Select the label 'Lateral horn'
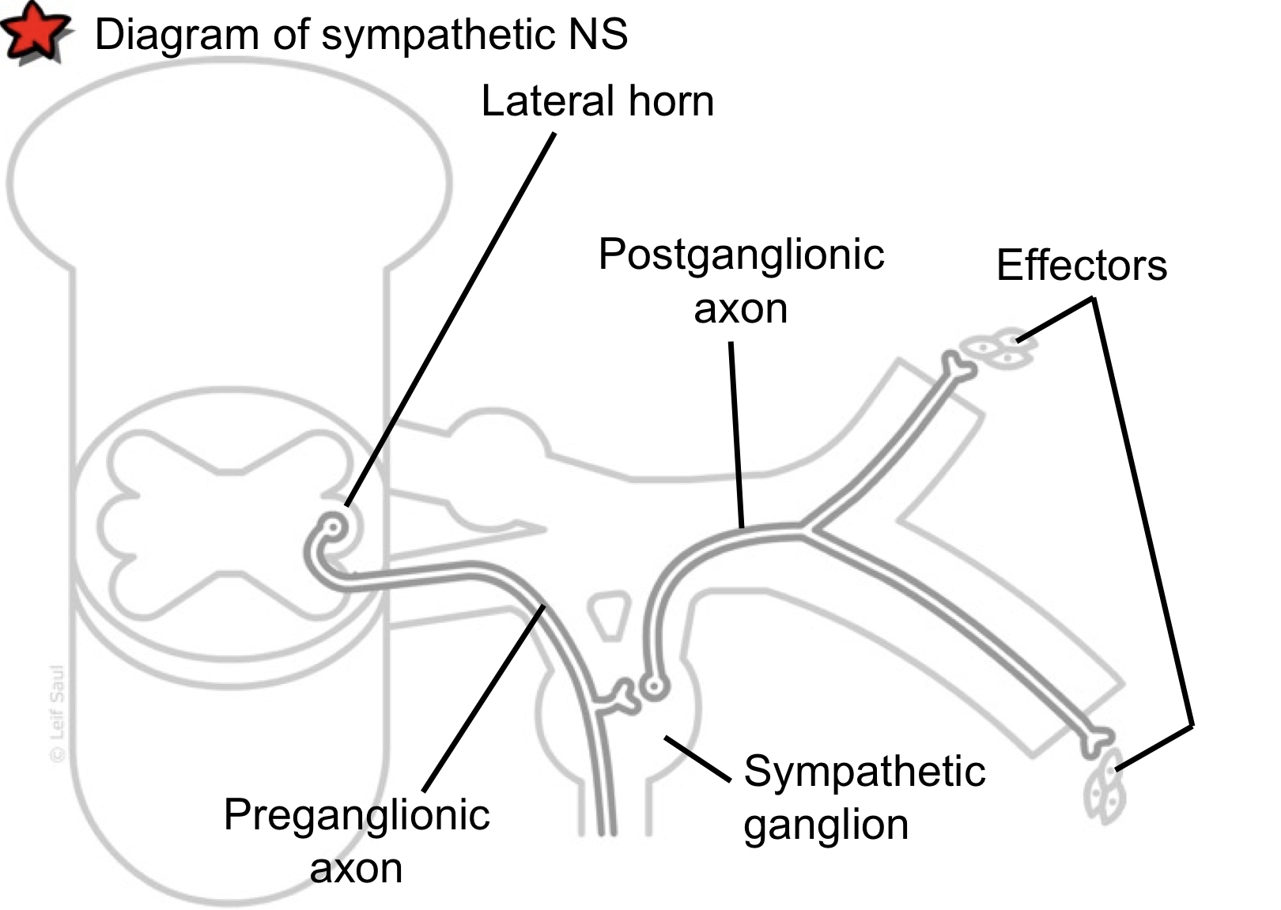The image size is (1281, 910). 597,101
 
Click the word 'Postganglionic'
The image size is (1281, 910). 741,255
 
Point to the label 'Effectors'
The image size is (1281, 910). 1081,266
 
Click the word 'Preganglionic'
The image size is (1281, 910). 357,815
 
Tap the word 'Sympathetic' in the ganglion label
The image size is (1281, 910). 864,771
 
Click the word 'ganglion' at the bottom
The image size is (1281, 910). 826,825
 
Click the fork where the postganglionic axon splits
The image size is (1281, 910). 805,529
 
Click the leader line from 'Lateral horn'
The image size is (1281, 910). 451,316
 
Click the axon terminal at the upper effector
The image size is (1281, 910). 958,365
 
